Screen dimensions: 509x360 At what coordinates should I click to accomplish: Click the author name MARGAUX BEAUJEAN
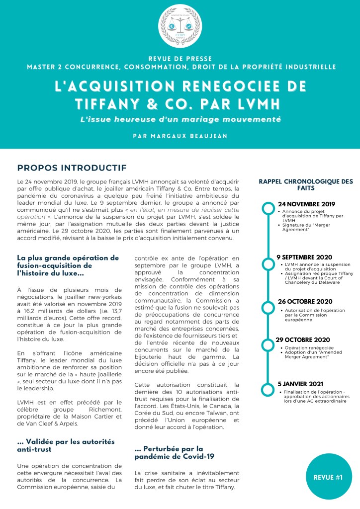180,135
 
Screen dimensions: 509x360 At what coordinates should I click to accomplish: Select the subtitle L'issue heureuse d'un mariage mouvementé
180,119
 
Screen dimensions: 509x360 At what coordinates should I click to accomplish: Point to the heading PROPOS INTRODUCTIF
72,168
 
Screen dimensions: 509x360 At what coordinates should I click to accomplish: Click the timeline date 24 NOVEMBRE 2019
306,204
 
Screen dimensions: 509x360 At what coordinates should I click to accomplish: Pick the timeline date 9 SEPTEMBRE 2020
304,257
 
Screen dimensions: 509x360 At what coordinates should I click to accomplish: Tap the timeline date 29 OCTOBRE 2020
303,339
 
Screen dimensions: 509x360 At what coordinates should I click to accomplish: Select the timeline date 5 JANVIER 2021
301,384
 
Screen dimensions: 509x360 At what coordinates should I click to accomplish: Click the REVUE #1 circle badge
328,478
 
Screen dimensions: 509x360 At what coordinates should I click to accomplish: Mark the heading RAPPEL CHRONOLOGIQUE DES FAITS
306,185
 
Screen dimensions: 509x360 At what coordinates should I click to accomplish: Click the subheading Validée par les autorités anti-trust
66,445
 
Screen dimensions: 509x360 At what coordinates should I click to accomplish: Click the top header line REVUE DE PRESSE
180,58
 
